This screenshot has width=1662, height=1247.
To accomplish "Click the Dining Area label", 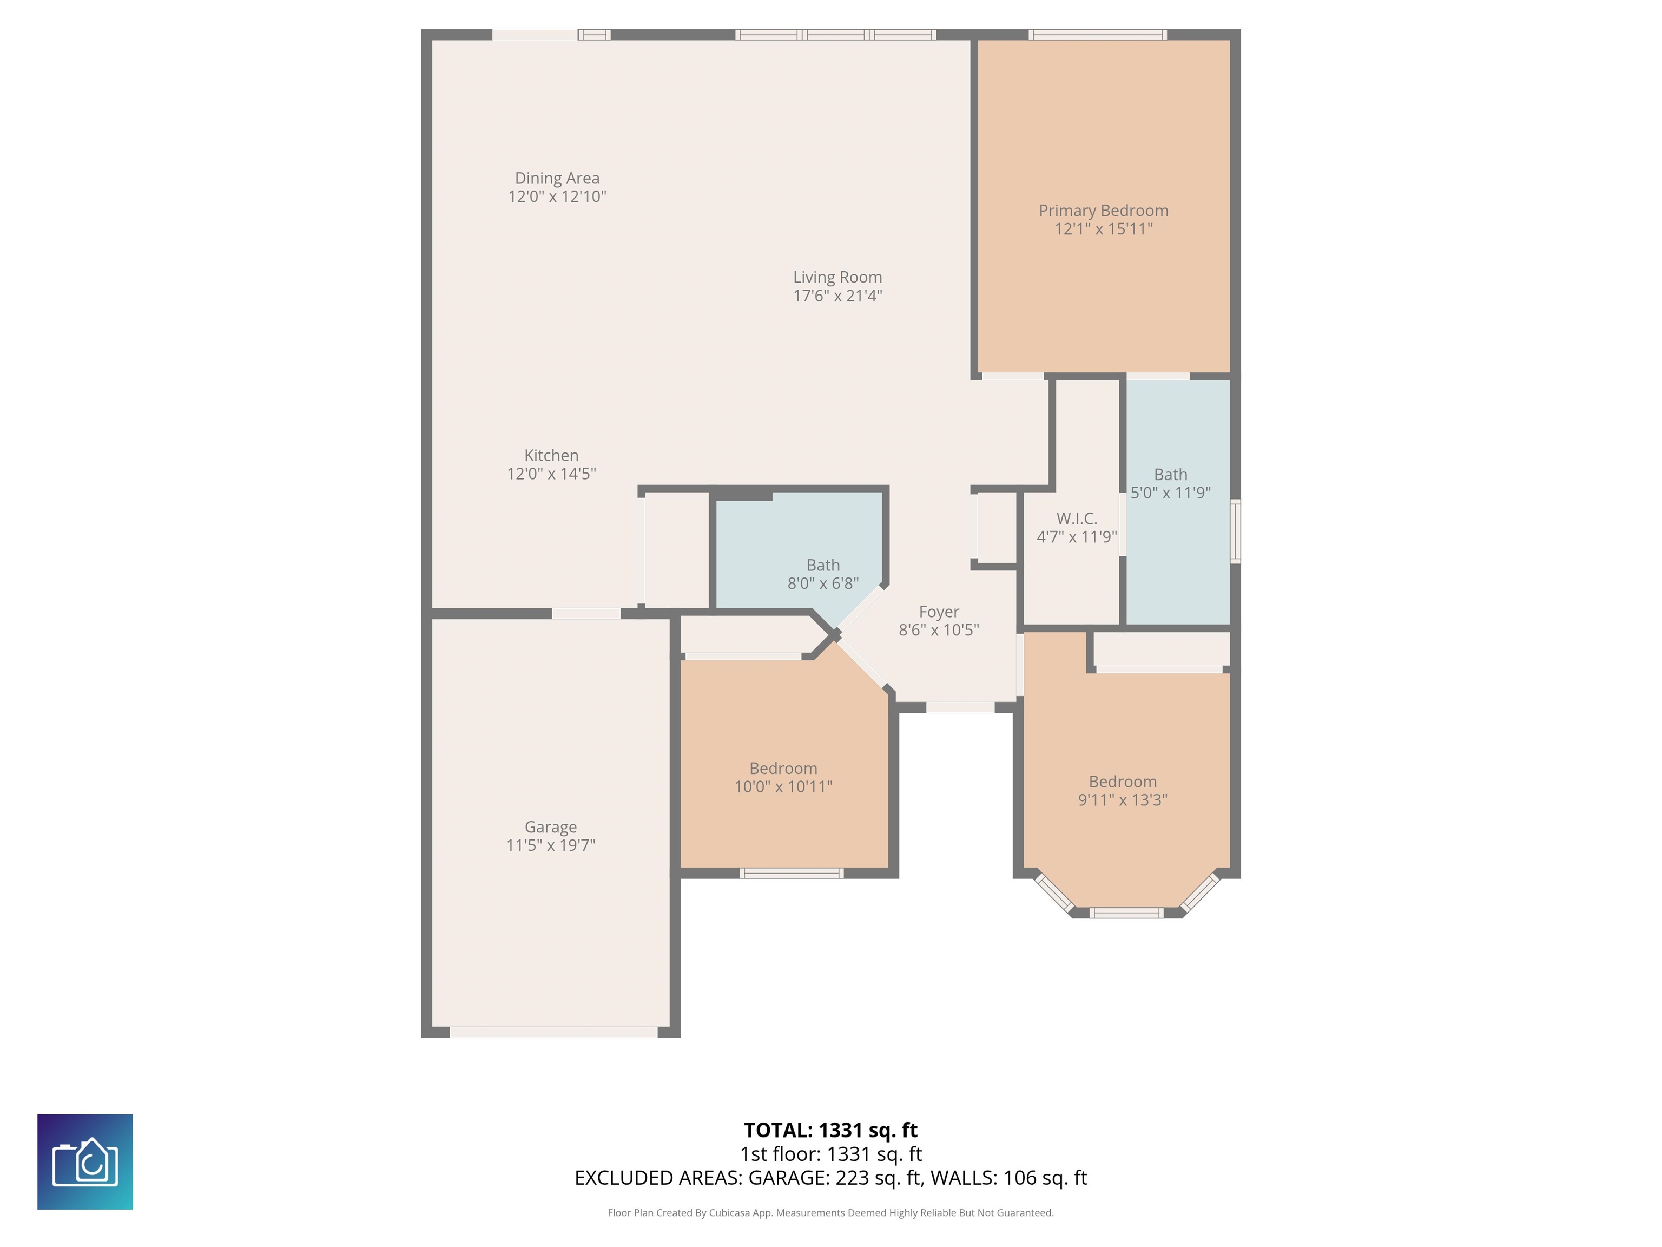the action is click(x=557, y=178).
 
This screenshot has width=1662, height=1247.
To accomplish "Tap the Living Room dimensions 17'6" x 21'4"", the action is click(x=837, y=296).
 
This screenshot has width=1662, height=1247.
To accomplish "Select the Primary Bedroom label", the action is click(x=1103, y=211).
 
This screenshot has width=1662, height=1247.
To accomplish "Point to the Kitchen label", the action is click(x=551, y=456).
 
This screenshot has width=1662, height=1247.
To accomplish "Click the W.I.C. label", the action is click(x=1077, y=519).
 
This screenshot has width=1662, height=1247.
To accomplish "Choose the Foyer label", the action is click(x=939, y=612).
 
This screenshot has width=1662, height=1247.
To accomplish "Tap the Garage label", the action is click(x=550, y=827).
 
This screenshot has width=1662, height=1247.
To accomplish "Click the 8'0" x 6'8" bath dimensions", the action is click(x=823, y=583).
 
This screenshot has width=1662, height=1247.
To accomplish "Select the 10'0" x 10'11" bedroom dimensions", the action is click(x=783, y=787).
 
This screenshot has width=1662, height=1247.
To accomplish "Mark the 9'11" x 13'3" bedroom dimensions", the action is click(x=1123, y=800).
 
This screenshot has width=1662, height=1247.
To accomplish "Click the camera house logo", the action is click(x=85, y=1161).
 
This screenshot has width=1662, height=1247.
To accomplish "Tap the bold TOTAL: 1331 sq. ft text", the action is click(x=830, y=1131).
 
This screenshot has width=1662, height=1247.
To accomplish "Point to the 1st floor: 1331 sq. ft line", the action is click(x=830, y=1154).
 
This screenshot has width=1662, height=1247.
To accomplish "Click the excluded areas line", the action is click(x=830, y=1178).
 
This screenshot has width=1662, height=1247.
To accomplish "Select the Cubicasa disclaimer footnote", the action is click(x=830, y=1212).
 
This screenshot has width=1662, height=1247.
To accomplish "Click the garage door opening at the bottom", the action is click(x=554, y=1032).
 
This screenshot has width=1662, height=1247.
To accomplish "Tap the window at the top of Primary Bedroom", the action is click(x=1097, y=35).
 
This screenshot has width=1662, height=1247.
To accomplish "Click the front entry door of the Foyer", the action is click(x=959, y=707).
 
